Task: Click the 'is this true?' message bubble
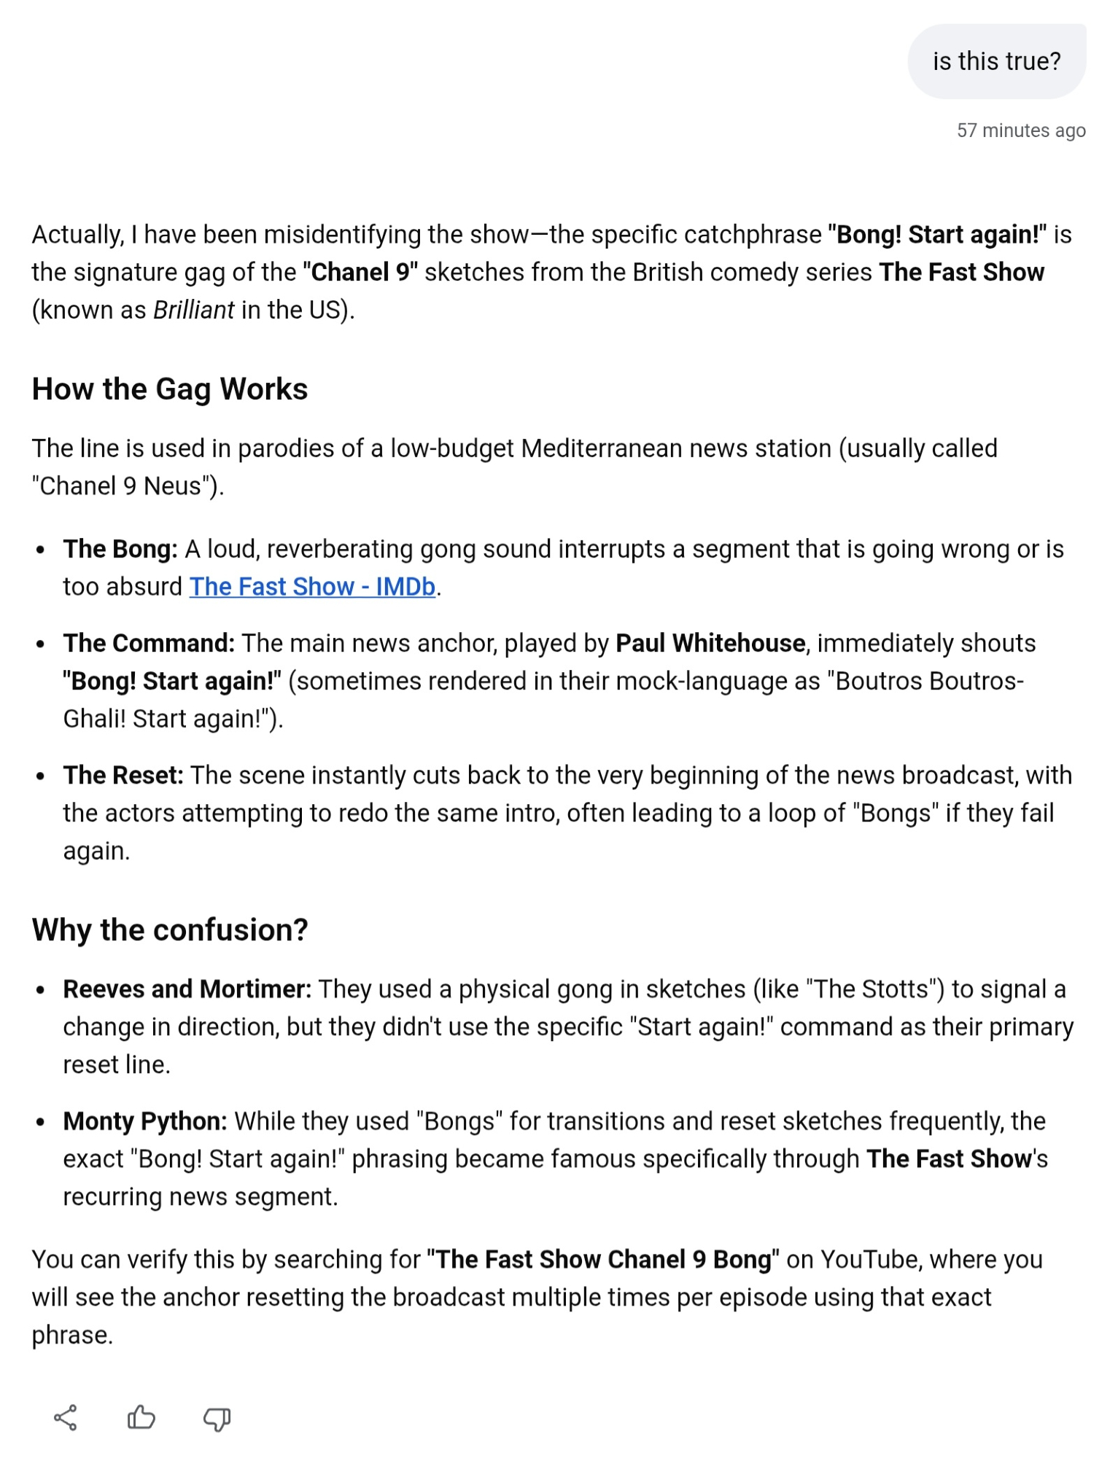tap(996, 61)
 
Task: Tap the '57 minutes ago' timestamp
tap(1021, 130)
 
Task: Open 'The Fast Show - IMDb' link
tap(312, 587)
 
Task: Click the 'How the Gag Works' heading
tap(170, 389)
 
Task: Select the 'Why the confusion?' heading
tap(170, 930)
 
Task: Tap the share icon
tap(66, 1418)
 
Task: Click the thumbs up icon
tap(141, 1418)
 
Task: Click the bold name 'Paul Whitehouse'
tap(710, 644)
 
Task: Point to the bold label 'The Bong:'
tap(120, 549)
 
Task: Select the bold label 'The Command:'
tap(149, 644)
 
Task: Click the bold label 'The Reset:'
tap(123, 776)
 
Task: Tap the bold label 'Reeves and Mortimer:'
tap(187, 989)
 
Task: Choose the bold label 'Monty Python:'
tap(145, 1121)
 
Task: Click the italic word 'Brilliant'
tap(193, 311)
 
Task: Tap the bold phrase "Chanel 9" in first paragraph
tap(360, 273)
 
